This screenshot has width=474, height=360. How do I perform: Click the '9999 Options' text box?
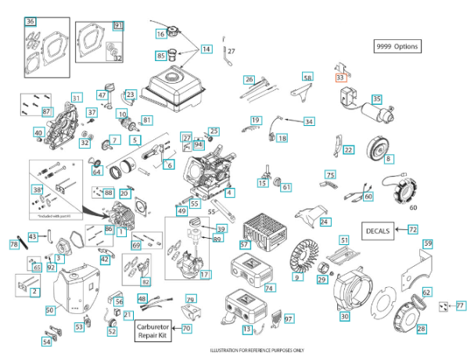pyautogui.click(x=397, y=46)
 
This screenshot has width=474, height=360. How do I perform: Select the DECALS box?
pyautogui.click(x=378, y=231)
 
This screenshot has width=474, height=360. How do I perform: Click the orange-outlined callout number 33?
pyautogui.click(x=340, y=77)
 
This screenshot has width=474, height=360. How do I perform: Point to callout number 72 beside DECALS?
pyautogui.click(x=412, y=230)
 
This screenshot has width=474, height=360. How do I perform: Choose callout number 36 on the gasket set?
pyautogui.click(x=31, y=21)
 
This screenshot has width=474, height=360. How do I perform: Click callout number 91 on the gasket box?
pyautogui.click(x=118, y=26)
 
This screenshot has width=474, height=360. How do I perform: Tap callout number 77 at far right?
pyautogui.click(x=460, y=305)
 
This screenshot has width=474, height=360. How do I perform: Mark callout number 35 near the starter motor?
pyautogui.click(x=377, y=99)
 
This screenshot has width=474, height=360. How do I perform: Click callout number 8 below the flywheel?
pyautogui.click(x=388, y=159)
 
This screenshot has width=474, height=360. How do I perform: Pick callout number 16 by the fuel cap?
pyautogui.click(x=160, y=34)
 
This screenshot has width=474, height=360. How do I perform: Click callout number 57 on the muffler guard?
pyautogui.click(x=244, y=245)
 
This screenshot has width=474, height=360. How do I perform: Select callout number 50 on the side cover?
pyautogui.click(x=49, y=311)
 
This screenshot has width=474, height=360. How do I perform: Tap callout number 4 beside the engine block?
pyautogui.click(x=230, y=193)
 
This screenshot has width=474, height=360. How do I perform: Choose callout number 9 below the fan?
pyautogui.click(x=296, y=277)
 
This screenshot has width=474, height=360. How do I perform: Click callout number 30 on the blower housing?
pyautogui.click(x=344, y=316)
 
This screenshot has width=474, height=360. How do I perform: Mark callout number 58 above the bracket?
pyautogui.click(x=307, y=78)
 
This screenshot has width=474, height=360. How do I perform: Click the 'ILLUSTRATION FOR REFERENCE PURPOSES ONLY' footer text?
pyautogui.click(x=237, y=351)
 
